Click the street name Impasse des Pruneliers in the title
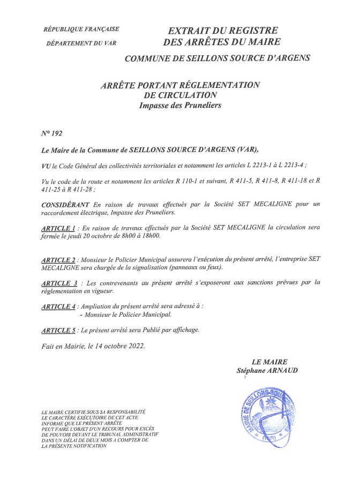179,106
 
